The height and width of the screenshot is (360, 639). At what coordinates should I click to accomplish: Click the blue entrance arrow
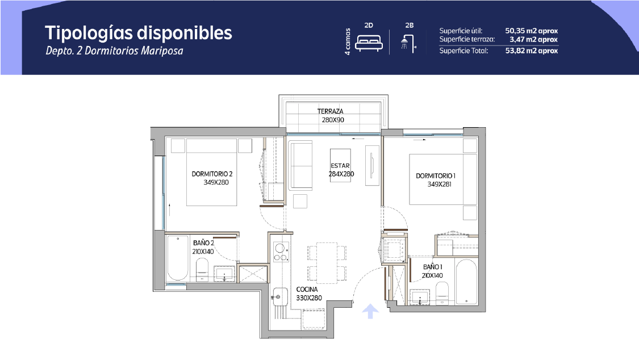[370, 311]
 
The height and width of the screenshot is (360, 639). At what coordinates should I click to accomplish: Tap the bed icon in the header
[369, 43]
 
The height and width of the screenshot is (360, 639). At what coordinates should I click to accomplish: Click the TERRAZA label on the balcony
[331, 111]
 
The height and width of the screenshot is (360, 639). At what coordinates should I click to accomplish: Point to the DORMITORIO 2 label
[212, 174]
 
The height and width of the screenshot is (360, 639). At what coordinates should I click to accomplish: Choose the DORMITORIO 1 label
[436, 176]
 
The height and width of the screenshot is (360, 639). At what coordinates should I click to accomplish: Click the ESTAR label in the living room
[340, 166]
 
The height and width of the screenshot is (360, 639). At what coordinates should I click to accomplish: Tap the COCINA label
[307, 289]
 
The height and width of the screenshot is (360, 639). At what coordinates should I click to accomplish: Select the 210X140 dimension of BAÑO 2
[203, 252]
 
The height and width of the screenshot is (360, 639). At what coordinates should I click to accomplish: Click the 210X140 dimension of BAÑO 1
[432, 276]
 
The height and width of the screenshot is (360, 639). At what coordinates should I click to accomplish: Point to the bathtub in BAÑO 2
[178, 258]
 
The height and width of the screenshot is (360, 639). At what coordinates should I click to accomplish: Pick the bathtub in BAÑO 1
[466, 282]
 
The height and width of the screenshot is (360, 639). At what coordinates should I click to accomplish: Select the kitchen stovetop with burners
[281, 252]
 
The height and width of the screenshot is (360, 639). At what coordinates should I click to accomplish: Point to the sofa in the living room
[300, 165]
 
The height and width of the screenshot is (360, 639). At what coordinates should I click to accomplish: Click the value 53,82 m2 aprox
[532, 51]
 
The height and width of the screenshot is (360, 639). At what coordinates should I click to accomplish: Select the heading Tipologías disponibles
[139, 34]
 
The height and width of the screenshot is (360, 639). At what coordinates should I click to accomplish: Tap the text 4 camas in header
[348, 41]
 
